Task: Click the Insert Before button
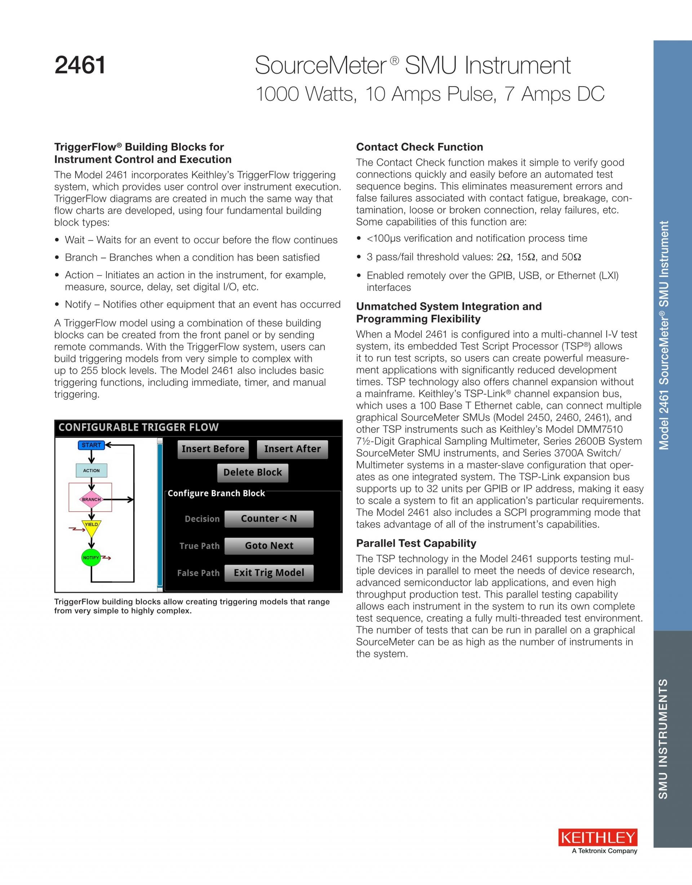pos(213,449)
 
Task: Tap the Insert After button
pos(292,449)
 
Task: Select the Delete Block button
pos(253,472)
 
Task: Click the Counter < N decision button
pos(269,519)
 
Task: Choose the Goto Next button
pos(269,546)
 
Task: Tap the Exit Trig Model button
pos(269,573)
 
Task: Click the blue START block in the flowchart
pos(91,445)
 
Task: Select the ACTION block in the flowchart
pos(91,471)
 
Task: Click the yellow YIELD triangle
pos(91,526)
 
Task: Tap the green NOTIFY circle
pos(91,558)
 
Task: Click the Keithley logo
pos(598,837)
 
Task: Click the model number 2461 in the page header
pos(80,65)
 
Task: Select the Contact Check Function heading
pos(420,147)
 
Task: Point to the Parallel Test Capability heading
pos(416,543)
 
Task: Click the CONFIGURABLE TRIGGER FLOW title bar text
pos(139,427)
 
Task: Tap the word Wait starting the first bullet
pos(75,240)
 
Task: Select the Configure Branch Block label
pos(216,494)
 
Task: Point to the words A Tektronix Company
pos(604,851)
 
